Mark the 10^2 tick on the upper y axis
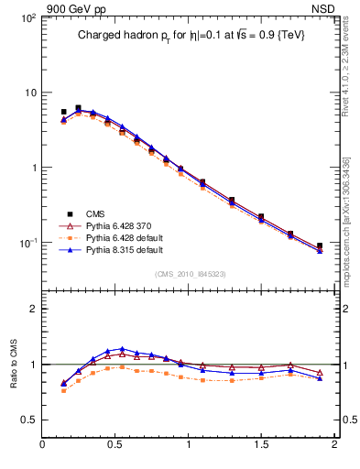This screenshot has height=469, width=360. [28, 18]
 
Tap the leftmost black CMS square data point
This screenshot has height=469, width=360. [63, 112]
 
